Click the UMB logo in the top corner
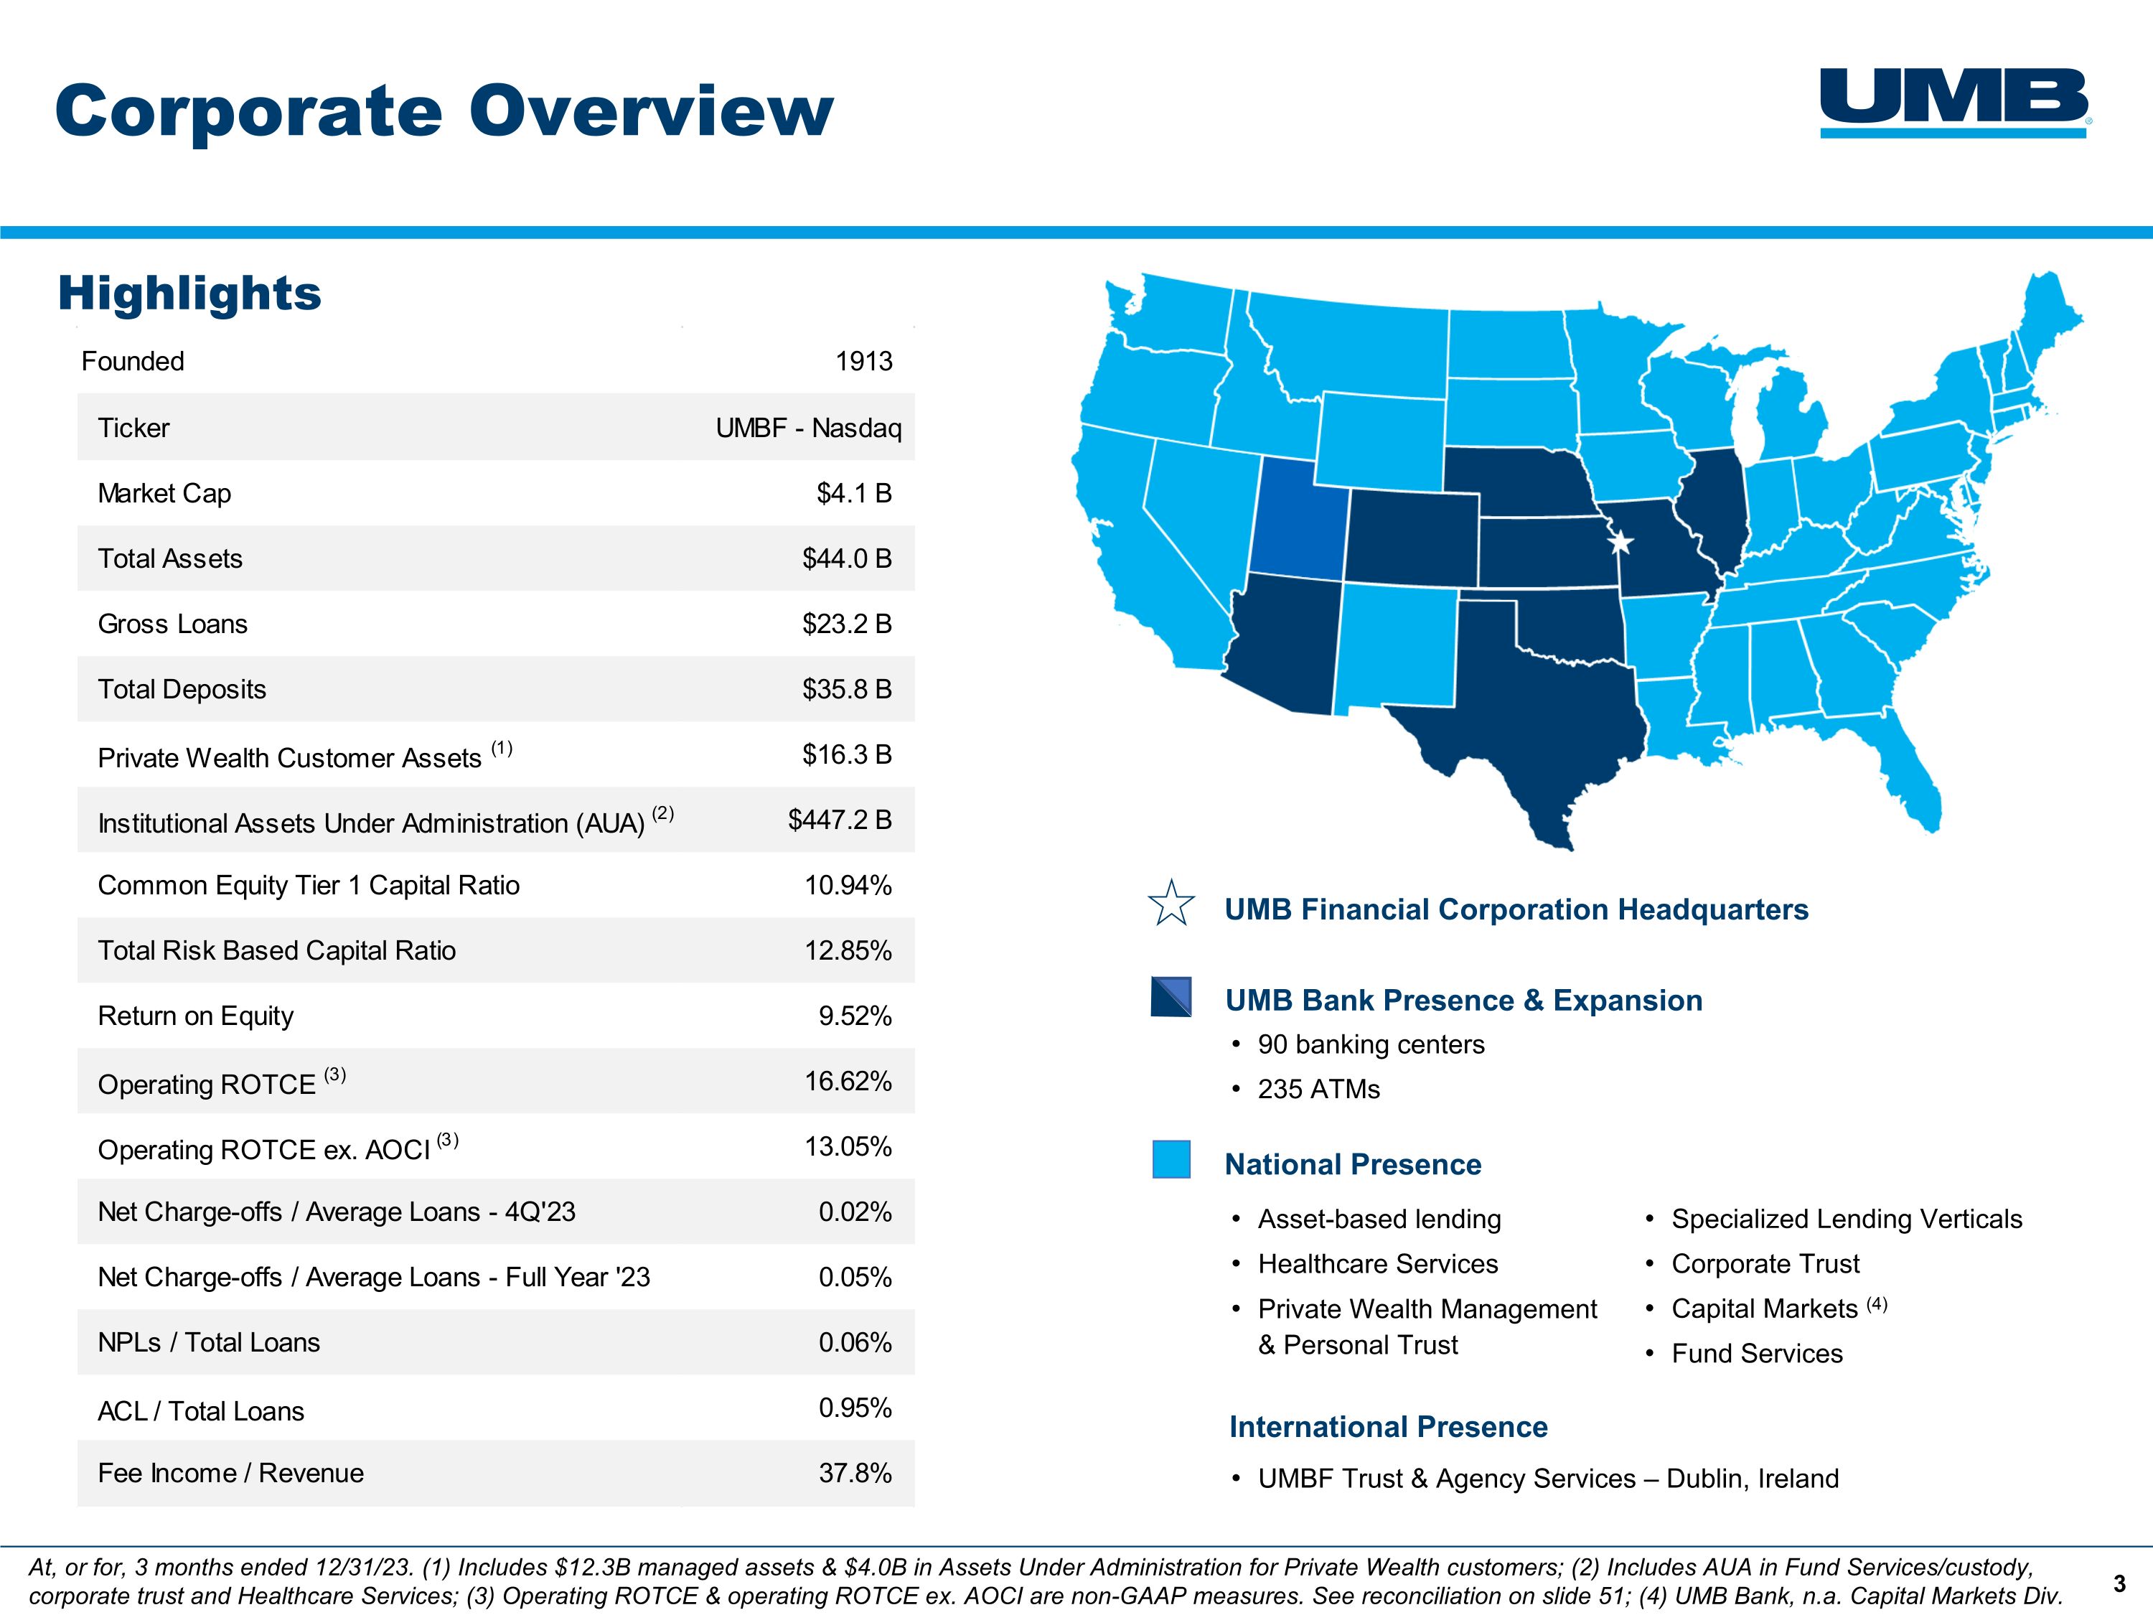(1954, 102)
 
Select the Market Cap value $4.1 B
(853, 494)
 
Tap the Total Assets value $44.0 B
(846, 558)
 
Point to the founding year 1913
(863, 361)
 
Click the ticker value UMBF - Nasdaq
(808, 429)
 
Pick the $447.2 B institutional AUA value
(839, 820)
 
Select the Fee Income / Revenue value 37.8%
(855, 1473)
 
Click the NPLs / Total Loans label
(208, 1342)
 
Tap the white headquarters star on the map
(1620, 542)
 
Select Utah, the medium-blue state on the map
(1298, 521)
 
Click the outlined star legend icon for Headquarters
(1171, 904)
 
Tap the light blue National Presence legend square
(1171, 1159)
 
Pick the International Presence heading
(1388, 1427)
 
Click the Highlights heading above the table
(189, 293)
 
